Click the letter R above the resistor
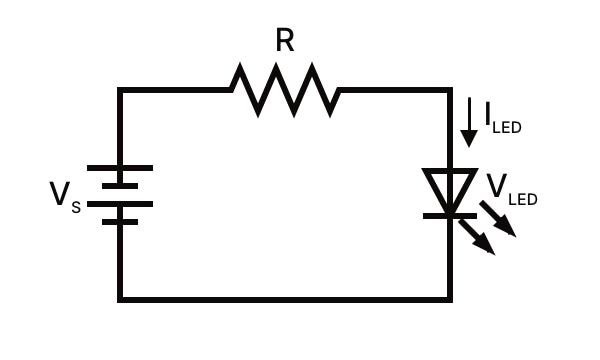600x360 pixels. click(285, 41)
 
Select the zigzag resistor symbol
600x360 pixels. click(285, 90)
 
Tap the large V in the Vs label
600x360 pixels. click(60, 193)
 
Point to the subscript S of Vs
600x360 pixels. click(76, 208)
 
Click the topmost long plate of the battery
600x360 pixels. click(120, 167)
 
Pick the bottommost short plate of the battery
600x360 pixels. click(120, 221)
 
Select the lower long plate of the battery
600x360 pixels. click(120, 204)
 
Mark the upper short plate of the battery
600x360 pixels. click(120, 185)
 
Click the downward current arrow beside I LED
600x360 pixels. click(468, 122)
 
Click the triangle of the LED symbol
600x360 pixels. click(449, 188)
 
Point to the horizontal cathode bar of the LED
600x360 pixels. click(449, 213)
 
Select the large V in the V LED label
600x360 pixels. click(496, 186)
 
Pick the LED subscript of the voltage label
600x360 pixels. click(523, 200)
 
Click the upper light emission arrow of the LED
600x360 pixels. click(499, 219)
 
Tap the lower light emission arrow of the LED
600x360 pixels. click(477, 237)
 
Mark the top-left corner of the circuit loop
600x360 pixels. click(120, 90)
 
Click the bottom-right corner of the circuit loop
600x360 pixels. click(449, 298)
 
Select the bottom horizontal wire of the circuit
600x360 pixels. click(285, 298)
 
